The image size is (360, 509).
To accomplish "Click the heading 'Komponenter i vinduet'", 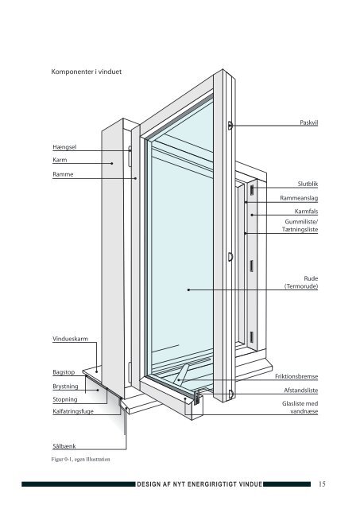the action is tap(87, 72).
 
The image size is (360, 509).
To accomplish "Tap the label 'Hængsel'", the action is tap(64, 147).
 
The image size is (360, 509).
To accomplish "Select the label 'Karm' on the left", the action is tap(60, 160).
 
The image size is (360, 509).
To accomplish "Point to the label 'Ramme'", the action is tap(63, 174).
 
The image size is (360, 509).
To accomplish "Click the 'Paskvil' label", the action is tap(309, 122).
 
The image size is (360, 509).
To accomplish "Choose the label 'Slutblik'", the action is tap(308, 184).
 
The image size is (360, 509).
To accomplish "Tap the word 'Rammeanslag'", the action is tap(299, 198).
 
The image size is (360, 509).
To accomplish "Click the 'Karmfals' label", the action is tap(306, 212).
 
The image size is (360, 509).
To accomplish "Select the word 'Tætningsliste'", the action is tap(300, 230).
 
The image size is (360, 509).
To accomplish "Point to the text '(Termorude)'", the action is tap(301, 286).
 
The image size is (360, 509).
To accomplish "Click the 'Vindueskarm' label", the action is tap(70, 339).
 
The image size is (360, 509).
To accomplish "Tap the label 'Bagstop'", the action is tap(64, 372).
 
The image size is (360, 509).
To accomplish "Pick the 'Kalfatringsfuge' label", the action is tap(73, 411).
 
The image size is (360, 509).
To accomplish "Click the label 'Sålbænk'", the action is tap(64, 446).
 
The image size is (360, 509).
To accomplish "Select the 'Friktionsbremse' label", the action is tap(296, 376).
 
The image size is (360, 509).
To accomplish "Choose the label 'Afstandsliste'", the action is tap(301, 390).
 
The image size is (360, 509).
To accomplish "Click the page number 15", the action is tap(322, 484).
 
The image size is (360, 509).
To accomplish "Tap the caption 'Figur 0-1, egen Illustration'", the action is tap(80, 460).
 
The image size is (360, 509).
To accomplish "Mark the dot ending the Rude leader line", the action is tap(188, 289).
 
